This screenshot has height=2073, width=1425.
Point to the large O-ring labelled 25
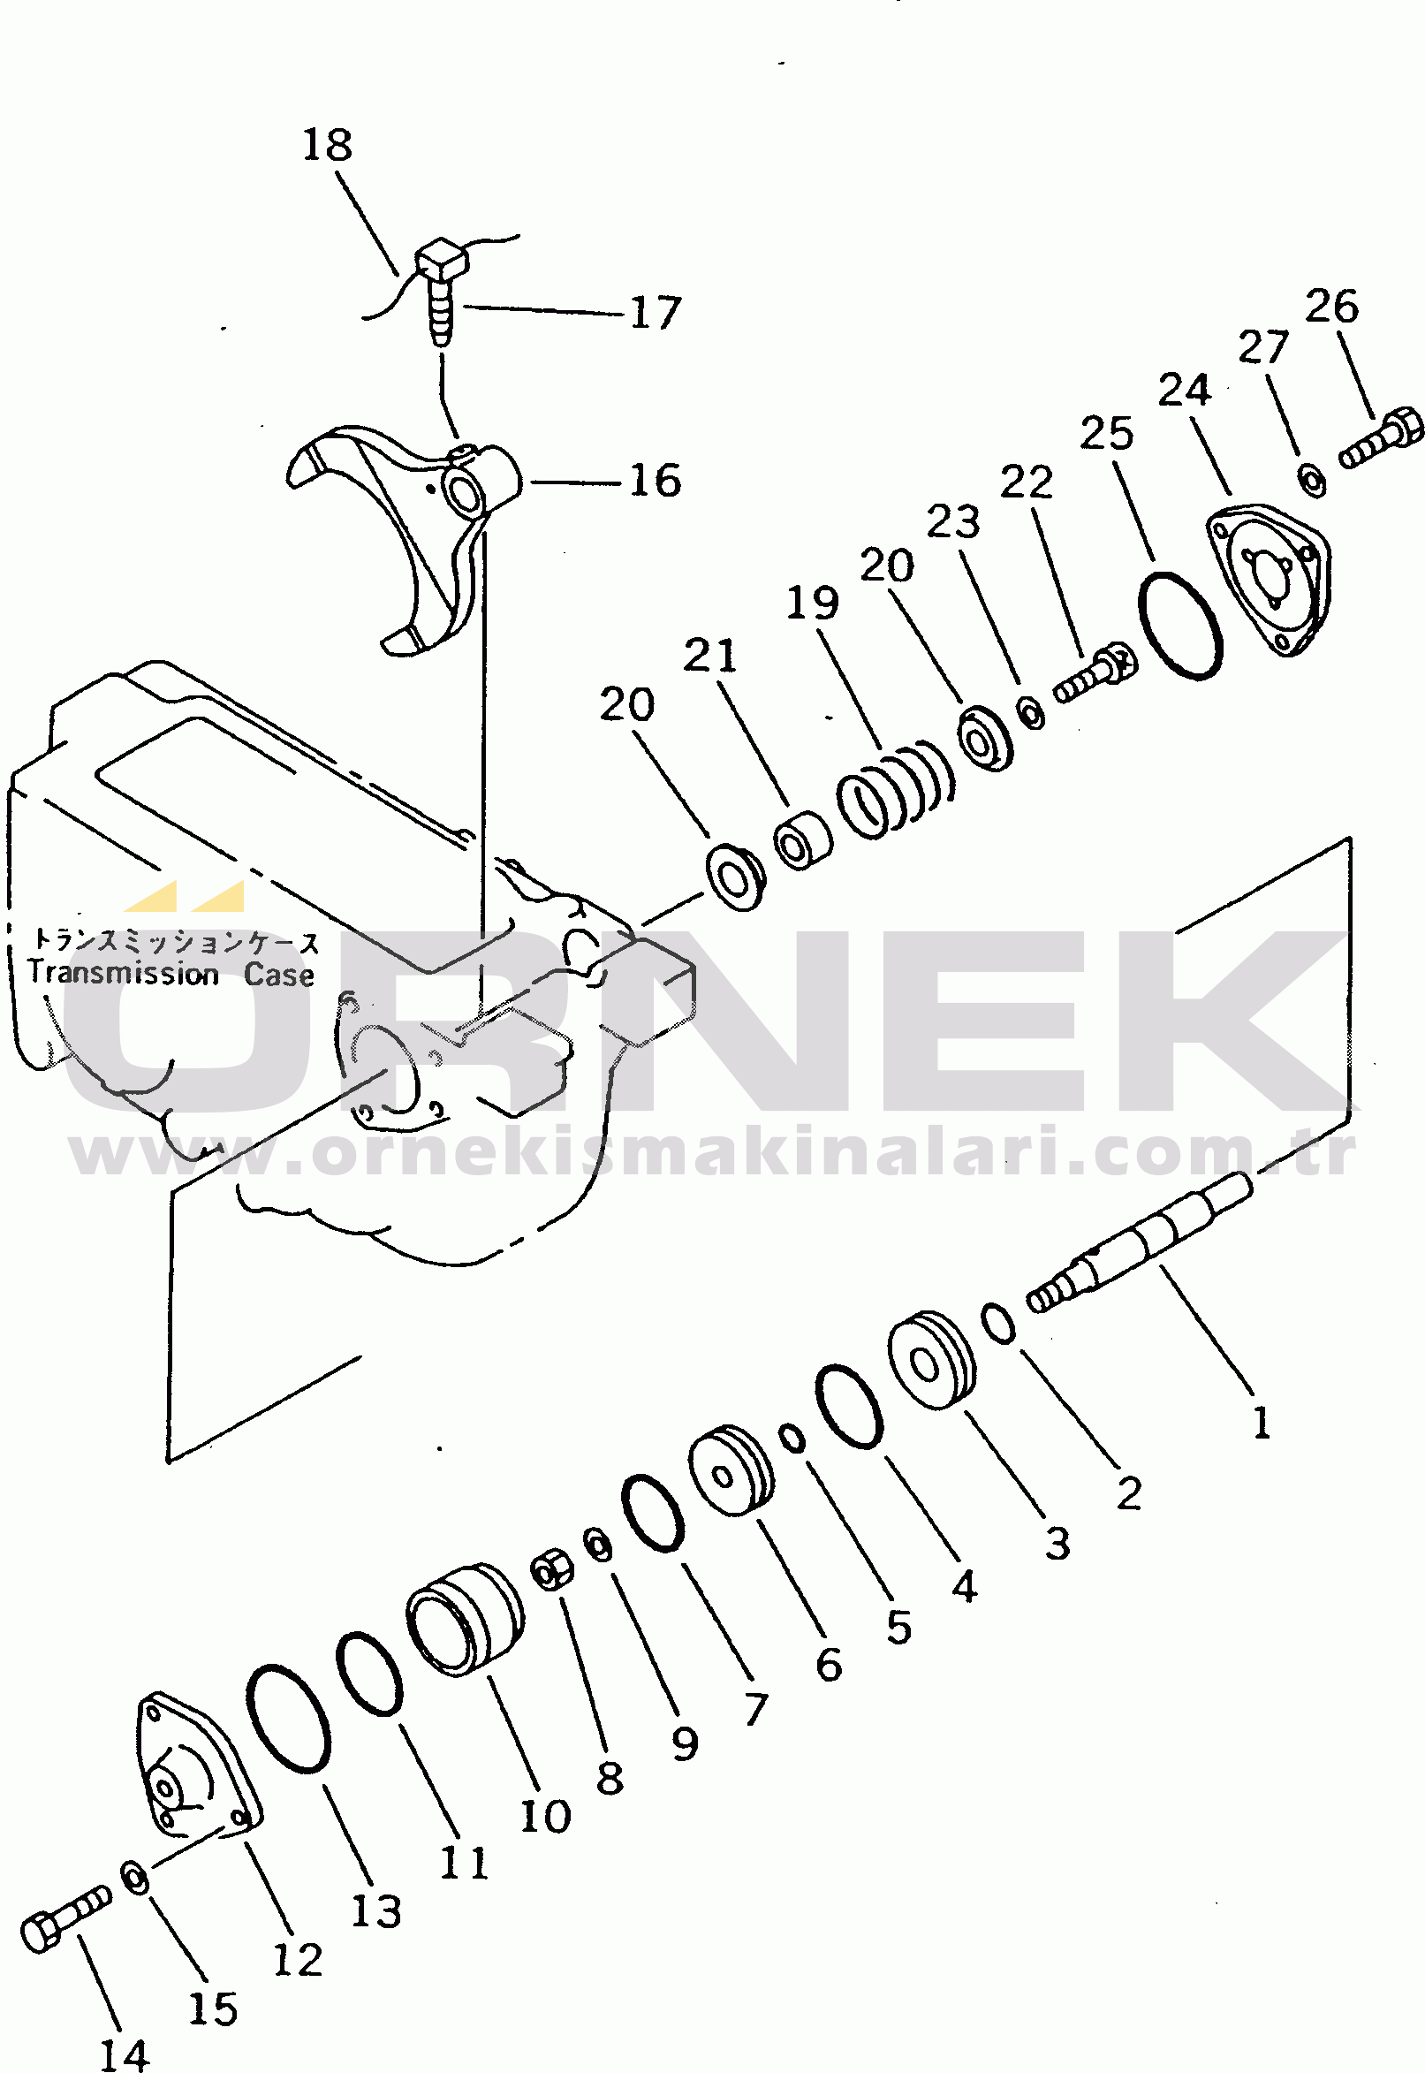coord(1180,624)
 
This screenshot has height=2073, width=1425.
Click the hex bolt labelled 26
coord(1380,441)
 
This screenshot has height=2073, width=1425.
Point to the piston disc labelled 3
coord(931,1361)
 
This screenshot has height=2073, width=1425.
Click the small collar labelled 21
coord(802,841)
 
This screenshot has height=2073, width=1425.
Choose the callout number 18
coord(327,145)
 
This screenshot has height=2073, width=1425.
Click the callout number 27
coord(1262,346)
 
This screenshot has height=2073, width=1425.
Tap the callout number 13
coord(375,1911)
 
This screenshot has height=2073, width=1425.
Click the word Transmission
coord(123,973)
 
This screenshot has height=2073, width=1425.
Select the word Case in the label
coord(278,974)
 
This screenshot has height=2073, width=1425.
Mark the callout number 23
coord(952,521)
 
